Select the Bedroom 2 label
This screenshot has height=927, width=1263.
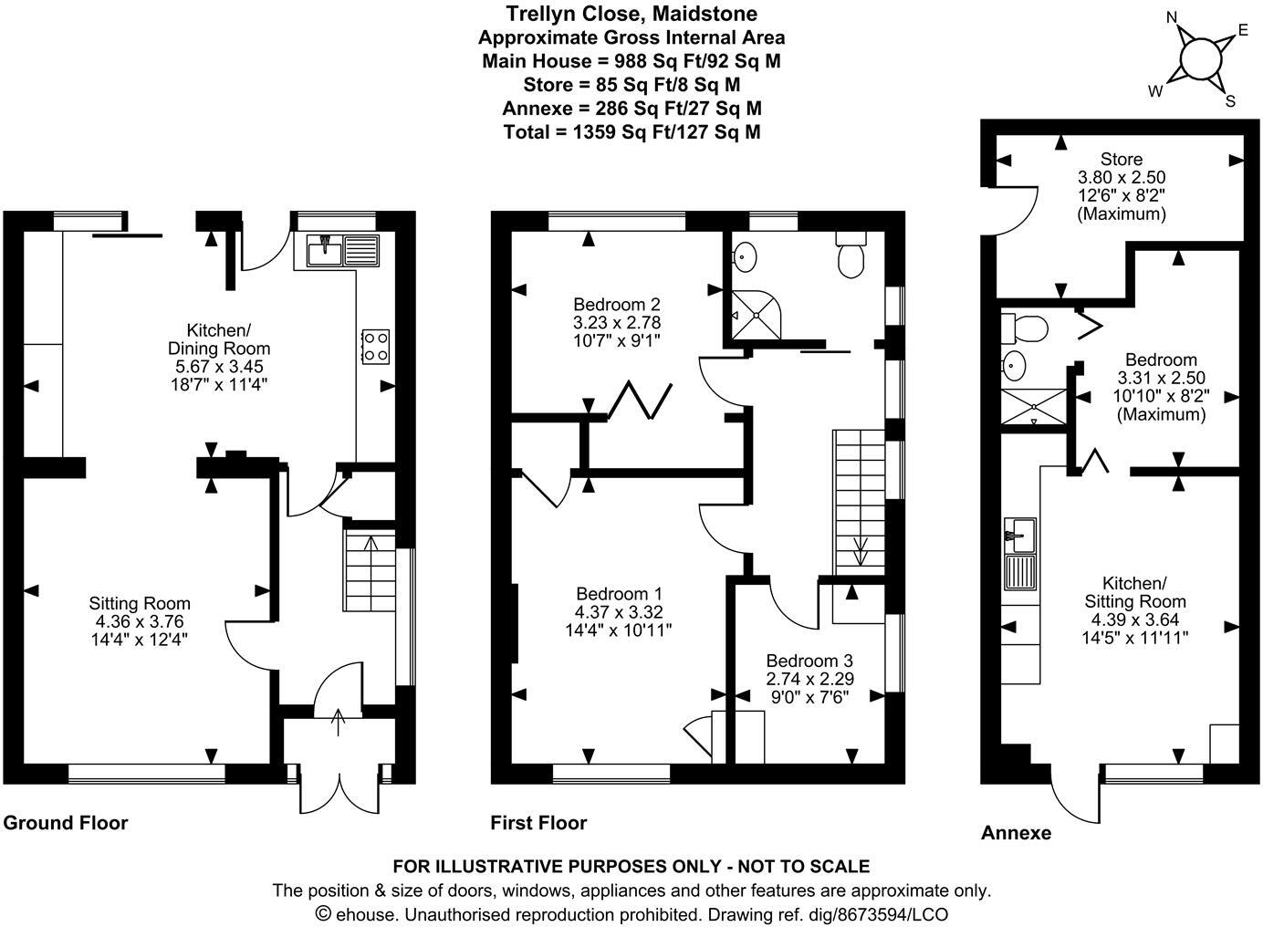617,305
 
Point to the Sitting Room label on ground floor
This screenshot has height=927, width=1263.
140,603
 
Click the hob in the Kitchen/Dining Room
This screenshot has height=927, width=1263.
375,346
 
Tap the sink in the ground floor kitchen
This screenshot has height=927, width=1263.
325,249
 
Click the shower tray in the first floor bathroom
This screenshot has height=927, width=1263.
757,314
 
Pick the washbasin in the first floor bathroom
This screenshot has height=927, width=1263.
746,255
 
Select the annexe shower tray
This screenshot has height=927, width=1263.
1034,406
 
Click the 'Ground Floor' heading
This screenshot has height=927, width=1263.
66,823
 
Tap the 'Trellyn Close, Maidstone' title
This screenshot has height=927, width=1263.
631,14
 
